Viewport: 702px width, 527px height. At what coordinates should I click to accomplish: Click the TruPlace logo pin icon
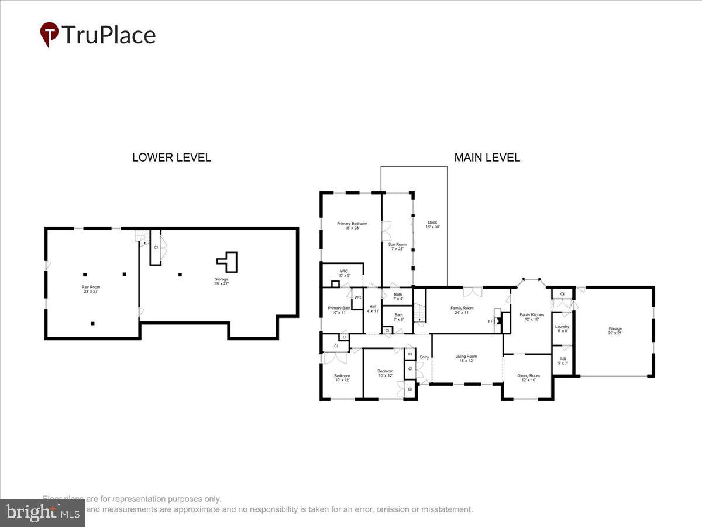(x=49, y=34)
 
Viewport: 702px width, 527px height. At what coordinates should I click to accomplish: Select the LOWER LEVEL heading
(x=171, y=158)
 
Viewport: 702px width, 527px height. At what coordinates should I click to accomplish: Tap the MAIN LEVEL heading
(x=487, y=158)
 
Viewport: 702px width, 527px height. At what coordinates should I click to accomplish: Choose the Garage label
(x=615, y=331)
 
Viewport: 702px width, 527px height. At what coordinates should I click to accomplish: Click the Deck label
(x=433, y=224)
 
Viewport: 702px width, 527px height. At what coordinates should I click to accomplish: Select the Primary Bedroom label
(x=352, y=225)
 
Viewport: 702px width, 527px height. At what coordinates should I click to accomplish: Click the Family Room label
(x=462, y=310)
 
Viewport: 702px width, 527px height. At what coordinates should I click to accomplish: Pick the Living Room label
(x=467, y=358)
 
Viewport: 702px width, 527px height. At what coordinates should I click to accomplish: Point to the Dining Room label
(x=528, y=377)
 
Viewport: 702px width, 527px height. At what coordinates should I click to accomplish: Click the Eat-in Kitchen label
(x=532, y=317)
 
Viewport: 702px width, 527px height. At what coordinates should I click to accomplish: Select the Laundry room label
(x=562, y=328)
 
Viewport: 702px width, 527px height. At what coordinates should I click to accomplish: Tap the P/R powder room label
(x=563, y=361)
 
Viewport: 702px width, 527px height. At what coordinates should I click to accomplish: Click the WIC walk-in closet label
(x=344, y=273)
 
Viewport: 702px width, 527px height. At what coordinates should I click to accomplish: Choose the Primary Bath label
(x=339, y=310)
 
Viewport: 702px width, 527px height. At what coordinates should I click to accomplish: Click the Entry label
(x=424, y=357)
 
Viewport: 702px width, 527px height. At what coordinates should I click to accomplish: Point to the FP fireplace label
(x=491, y=321)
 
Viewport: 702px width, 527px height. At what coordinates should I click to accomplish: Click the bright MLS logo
(x=43, y=512)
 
